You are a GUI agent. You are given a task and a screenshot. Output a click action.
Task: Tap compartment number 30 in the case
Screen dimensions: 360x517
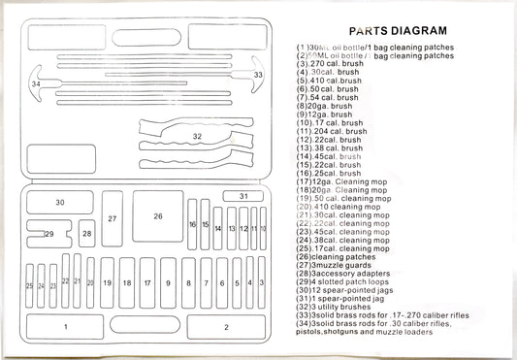(59, 203)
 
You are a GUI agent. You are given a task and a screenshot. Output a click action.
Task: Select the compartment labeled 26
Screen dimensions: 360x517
(158, 216)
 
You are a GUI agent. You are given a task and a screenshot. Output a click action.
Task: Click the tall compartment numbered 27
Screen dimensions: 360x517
(113, 220)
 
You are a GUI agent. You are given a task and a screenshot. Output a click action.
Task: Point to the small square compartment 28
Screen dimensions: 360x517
(87, 234)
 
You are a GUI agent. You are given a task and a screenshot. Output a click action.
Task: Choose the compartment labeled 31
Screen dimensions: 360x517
(242, 197)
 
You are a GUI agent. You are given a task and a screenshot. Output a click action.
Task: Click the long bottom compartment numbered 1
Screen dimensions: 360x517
(66, 326)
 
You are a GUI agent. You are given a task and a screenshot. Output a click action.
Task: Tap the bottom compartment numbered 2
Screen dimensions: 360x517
(226, 326)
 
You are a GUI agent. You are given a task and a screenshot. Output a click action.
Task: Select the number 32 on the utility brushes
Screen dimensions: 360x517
(197, 137)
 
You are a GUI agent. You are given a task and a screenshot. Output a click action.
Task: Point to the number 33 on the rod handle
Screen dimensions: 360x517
(258, 74)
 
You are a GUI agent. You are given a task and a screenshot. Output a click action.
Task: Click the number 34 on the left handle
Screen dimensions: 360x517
(36, 84)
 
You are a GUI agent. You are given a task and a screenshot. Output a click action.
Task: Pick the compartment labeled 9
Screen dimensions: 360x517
(169, 283)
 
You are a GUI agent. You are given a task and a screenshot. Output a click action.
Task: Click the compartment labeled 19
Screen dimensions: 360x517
(107, 283)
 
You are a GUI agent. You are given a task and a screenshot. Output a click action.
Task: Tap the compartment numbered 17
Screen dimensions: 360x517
(147, 283)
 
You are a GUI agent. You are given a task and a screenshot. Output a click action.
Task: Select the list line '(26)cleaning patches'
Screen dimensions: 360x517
(342, 256)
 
